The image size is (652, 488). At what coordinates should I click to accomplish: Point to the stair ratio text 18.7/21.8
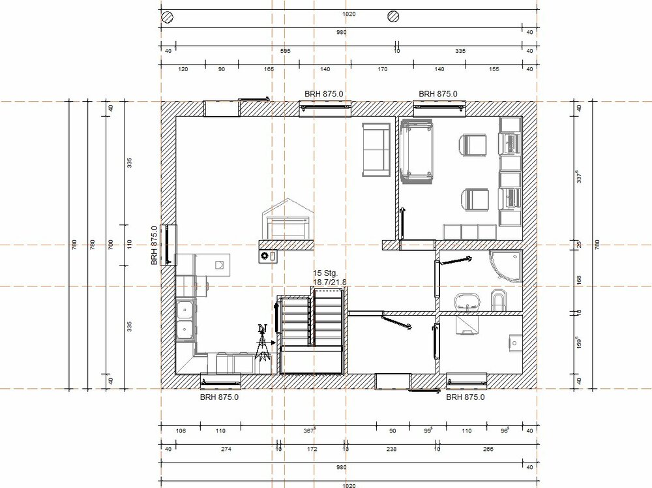tap(330, 282)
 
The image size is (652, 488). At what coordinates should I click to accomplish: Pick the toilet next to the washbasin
tap(497, 300)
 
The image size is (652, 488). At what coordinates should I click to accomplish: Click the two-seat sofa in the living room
tap(375, 149)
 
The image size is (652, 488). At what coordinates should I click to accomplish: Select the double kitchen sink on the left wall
tap(184, 320)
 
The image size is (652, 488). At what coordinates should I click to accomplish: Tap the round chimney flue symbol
tap(265, 256)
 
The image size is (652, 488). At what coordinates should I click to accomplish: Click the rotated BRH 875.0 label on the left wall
tap(155, 245)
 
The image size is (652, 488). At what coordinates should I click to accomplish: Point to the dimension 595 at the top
tap(285, 50)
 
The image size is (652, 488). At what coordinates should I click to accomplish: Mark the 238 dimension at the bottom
tap(391, 450)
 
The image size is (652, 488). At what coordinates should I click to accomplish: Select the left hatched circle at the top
tap(168, 16)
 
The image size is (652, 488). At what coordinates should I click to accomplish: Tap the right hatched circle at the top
tap(393, 16)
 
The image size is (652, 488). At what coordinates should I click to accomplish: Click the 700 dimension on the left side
tap(110, 245)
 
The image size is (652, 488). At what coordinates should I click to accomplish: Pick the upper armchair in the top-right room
tap(473, 145)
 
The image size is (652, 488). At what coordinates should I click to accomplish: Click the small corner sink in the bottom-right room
tap(514, 341)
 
